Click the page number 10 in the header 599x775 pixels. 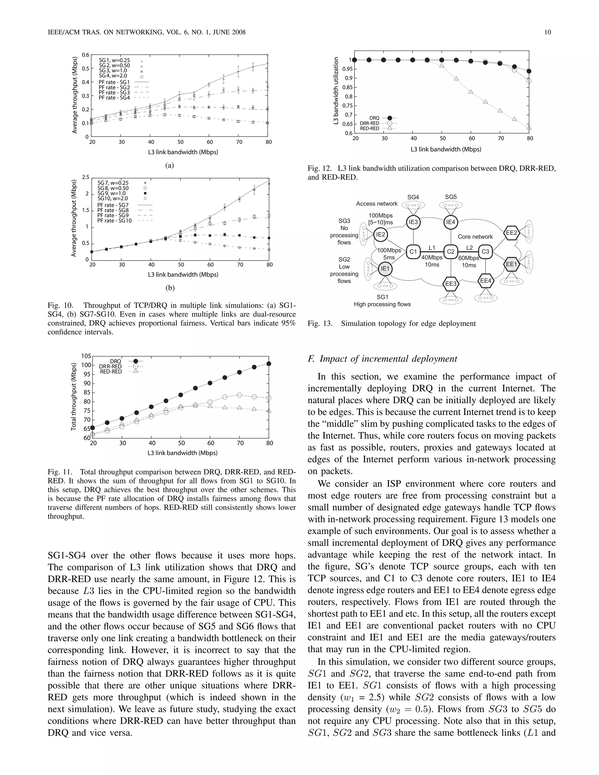click(x=547, y=32)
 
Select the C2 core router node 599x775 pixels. click(x=450, y=252)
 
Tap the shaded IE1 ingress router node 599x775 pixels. click(x=385, y=269)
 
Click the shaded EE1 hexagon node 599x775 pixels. click(x=511, y=264)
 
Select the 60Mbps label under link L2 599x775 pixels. click(x=469, y=258)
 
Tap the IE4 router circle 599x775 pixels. click(x=450, y=222)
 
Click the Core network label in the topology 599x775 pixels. click(x=475, y=237)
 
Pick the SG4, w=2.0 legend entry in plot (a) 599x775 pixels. click(x=113, y=75)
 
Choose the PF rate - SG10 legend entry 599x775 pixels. click(x=114, y=221)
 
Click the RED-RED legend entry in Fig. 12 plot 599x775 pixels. click(x=369, y=128)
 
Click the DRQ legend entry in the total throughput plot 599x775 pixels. click(x=115, y=361)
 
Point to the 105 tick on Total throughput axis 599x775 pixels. click(x=86, y=356)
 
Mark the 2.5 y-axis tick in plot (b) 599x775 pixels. click(x=85, y=177)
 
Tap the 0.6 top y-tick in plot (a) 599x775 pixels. click(x=85, y=55)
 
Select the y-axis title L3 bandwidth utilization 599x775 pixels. click(x=336, y=91)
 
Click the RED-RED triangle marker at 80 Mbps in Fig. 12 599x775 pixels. click(x=529, y=128)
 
